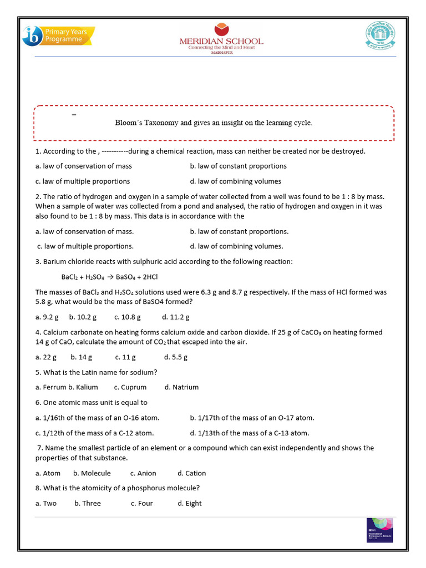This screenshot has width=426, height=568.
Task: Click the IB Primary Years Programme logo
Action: click(x=58, y=35)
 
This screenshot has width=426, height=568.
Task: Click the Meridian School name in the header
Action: click(x=221, y=41)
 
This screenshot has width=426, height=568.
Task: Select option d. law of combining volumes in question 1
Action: click(x=235, y=181)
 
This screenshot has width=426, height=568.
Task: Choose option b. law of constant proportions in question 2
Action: click(x=239, y=231)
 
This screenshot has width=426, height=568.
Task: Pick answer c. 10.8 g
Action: click(x=128, y=317)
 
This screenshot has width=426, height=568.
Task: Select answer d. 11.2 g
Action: click(x=176, y=317)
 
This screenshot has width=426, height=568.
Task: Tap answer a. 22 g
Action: click(x=46, y=357)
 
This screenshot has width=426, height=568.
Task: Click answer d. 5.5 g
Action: click(x=176, y=357)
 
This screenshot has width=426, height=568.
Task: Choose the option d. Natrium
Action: click(x=181, y=387)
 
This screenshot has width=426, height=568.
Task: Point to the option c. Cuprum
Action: click(x=130, y=387)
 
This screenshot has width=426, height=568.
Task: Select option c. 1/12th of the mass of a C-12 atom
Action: click(x=94, y=433)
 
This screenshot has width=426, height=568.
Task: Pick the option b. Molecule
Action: click(x=92, y=473)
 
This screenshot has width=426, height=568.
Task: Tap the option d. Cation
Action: click(x=191, y=473)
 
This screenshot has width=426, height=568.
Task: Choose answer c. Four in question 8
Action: click(x=142, y=503)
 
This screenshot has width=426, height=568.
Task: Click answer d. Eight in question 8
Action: click(x=190, y=503)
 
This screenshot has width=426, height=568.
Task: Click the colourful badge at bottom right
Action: click(x=380, y=530)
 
